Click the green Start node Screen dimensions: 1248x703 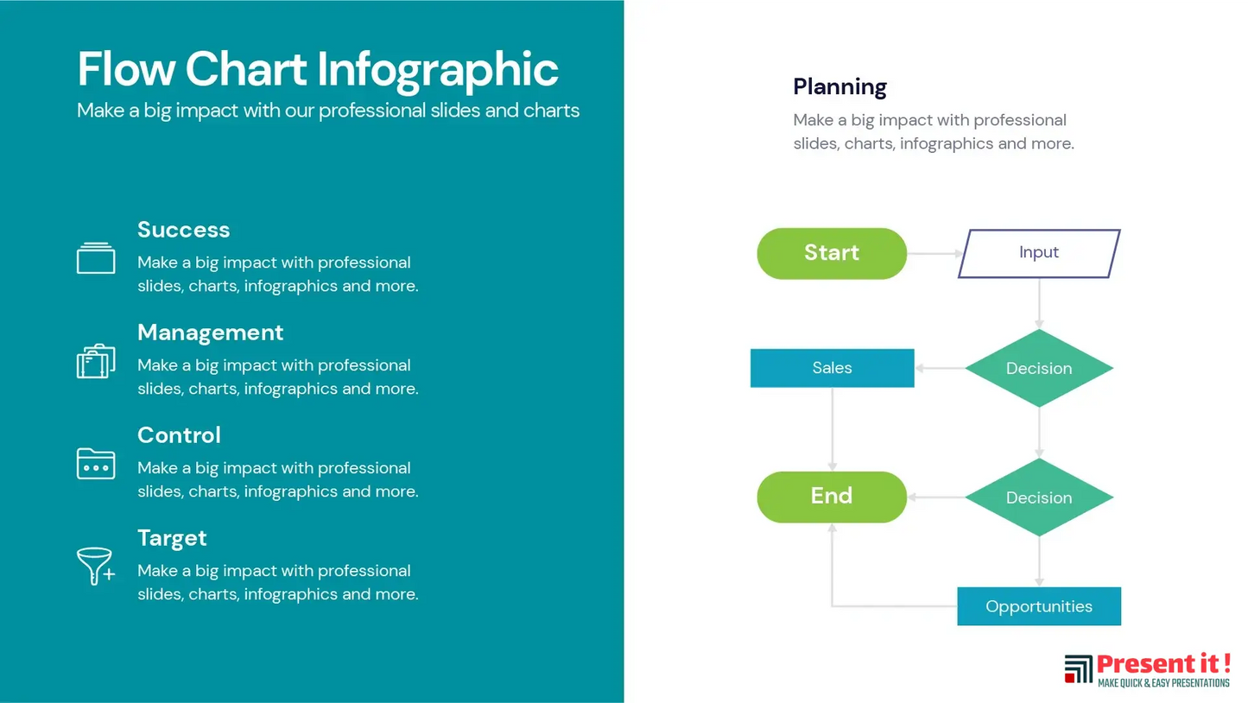pyautogui.click(x=832, y=253)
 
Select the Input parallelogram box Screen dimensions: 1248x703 pyautogui.click(x=1039, y=253)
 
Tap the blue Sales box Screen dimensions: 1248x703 pyautogui.click(x=833, y=368)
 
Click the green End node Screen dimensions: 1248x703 pyautogui.click(x=832, y=497)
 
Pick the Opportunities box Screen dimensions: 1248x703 pyautogui.click(x=1039, y=606)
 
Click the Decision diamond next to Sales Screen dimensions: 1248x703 pyautogui.click(x=1039, y=368)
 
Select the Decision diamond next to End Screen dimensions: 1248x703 pyautogui.click(x=1039, y=497)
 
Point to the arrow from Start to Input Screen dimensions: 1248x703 pyautogui.click(x=934, y=253)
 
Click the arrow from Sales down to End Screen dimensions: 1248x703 pyautogui.click(x=833, y=429)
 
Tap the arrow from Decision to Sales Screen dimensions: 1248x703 pyautogui.click(x=940, y=368)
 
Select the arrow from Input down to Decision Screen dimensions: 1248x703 pyautogui.click(x=1039, y=303)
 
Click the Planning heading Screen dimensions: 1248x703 pyautogui.click(x=839, y=87)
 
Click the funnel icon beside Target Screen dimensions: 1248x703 pyautogui.click(x=96, y=566)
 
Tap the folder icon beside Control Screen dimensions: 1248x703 pyautogui.click(x=96, y=464)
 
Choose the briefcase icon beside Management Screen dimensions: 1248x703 pyautogui.click(x=96, y=361)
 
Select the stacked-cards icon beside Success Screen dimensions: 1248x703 pyautogui.click(x=96, y=258)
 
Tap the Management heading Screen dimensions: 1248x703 pyautogui.click(x=210, y=332)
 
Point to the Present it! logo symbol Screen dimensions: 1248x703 pyautogui.click(x=1078, y=668)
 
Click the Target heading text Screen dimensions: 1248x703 pyautogui.click(x=172, y=538)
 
